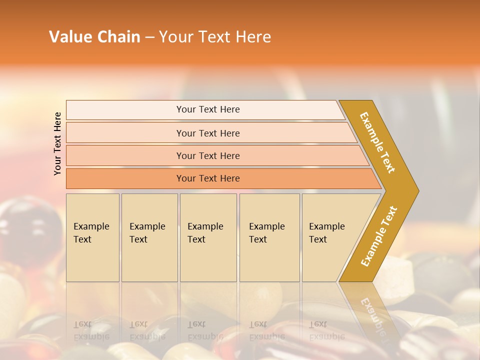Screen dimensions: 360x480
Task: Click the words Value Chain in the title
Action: coord(94,36)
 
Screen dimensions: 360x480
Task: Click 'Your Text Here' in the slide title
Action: coord(215,36)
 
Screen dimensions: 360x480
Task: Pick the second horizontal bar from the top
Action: coord(208,133)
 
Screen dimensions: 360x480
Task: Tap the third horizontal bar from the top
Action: coord(208,155)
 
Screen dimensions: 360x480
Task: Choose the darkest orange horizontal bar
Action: coord(208,178)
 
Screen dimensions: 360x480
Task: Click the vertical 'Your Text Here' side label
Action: coord(57,143)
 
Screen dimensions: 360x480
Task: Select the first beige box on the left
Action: coord(92,237)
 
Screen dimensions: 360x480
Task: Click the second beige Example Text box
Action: coord(149,237)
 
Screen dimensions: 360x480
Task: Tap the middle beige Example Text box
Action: coord(208,237)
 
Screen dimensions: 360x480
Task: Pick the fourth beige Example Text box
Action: coord(269,237)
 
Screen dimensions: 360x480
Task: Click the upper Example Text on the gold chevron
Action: coord(377,142)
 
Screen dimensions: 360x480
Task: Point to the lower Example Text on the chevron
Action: coord(379,236)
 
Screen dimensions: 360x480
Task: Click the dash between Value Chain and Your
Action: coord(149,37)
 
